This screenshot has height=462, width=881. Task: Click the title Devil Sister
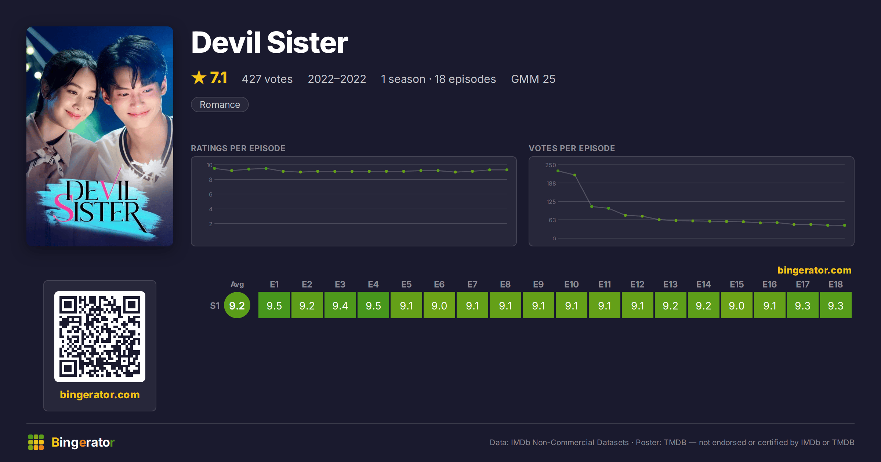(269, 43)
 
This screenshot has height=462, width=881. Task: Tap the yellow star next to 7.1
(199, 77)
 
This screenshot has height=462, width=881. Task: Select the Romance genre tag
(220, 104)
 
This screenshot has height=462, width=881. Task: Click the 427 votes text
(267, 79)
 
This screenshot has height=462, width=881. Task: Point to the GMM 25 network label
(533, 79)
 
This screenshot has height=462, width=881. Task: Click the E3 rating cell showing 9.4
(340, 305)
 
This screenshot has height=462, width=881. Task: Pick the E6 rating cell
(439, 305)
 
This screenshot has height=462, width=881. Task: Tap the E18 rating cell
(835, 305)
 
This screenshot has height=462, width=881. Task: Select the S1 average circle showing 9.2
(237, 305)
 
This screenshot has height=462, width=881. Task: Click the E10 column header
(571, 285)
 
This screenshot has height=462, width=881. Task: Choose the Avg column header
(237, 285)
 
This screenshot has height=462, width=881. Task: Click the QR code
(100, 337)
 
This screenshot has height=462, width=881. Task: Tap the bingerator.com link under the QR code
(100, 395)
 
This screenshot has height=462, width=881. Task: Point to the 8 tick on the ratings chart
(211, 180)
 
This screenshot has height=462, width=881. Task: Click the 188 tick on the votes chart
(551, 183)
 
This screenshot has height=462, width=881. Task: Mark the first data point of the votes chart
(558, 171)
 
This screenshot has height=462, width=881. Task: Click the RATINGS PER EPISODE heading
(238, 148)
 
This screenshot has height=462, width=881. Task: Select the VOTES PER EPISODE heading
(572, 148)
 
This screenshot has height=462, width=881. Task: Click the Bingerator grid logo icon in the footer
(36, 442)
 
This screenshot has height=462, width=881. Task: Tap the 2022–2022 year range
(337, 79)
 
